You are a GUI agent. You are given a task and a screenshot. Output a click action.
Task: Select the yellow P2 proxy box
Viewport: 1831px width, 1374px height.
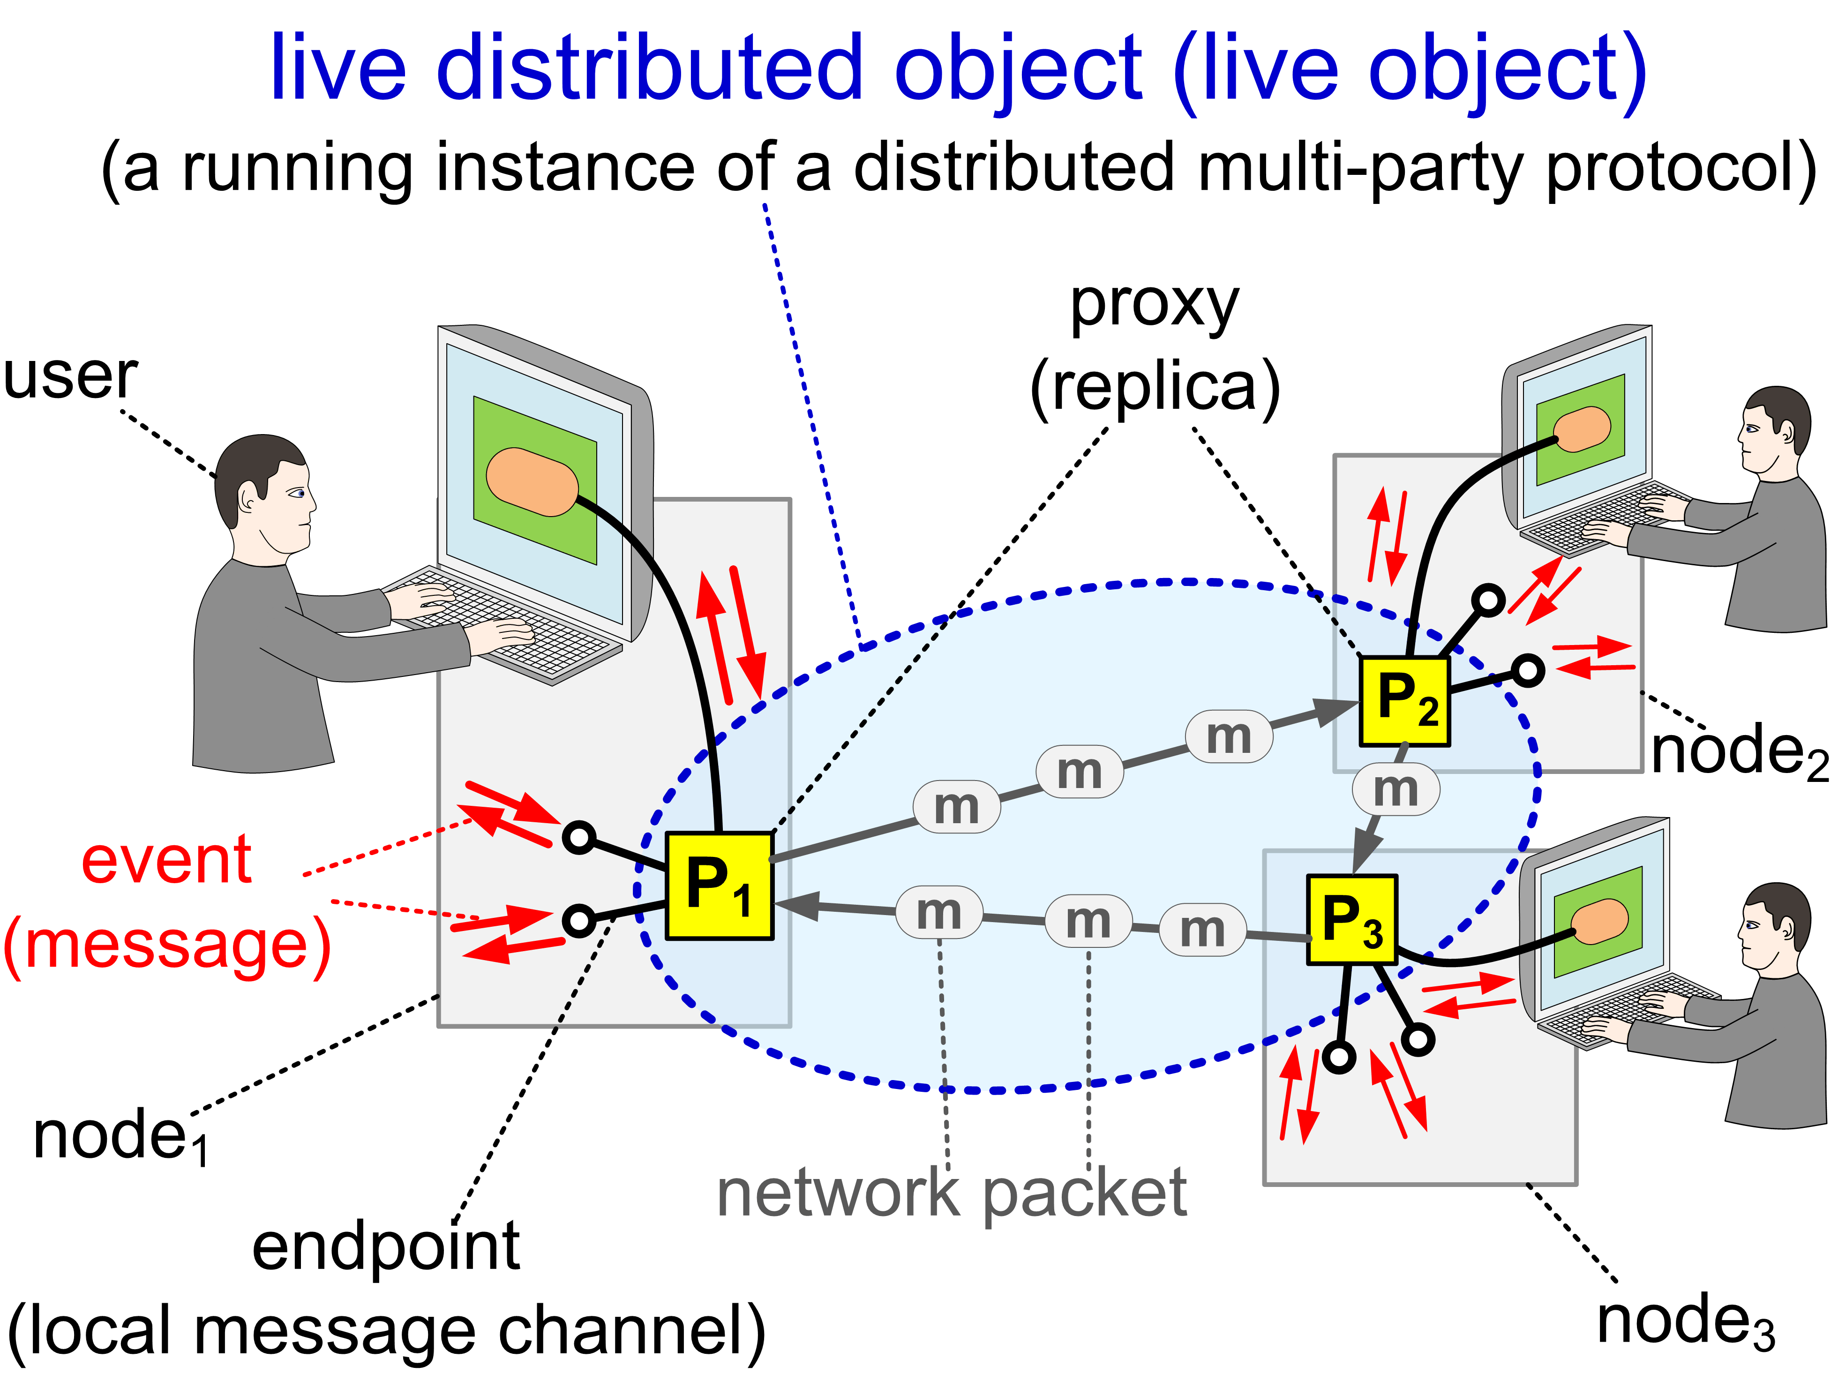1405,701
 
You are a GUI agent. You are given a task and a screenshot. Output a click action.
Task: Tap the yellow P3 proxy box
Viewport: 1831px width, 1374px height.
1352,919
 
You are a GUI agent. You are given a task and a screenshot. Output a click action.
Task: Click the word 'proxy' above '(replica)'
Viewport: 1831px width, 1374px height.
1155,306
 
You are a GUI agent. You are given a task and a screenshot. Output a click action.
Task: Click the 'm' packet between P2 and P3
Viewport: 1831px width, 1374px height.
1396,789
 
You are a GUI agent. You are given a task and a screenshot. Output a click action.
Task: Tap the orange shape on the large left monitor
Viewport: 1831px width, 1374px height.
532,482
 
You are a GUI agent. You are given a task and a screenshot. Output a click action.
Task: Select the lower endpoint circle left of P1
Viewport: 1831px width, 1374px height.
578,920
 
